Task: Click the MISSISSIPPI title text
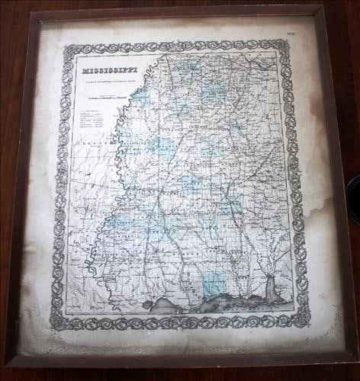point(106,72)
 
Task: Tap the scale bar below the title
point(104,97)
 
